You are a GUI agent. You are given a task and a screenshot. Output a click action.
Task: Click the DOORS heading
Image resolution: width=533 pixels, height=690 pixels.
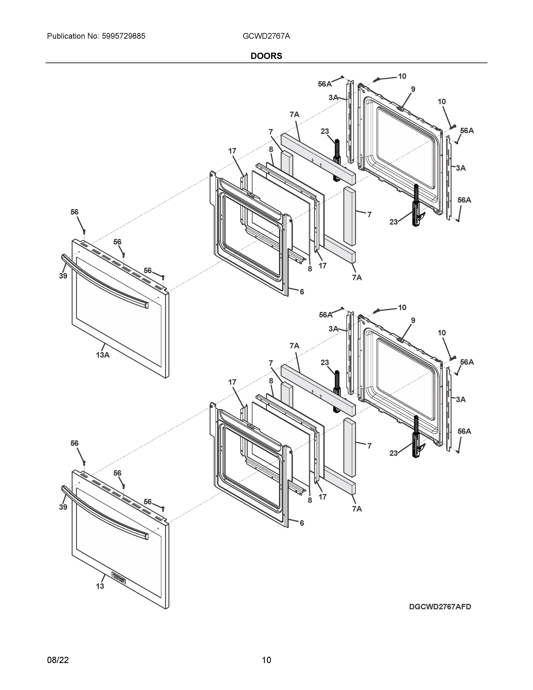pos(266,56)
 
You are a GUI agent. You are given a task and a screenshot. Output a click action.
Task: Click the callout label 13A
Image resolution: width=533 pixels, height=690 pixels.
pos(103,355)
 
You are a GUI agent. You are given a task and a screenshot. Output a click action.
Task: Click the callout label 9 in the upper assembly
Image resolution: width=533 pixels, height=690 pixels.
pos(413,89)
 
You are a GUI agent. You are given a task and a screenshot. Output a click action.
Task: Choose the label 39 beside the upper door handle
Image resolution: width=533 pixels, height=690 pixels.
pos(63,276)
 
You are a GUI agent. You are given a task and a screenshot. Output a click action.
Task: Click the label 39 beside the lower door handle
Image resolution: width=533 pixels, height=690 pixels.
pos(63,507)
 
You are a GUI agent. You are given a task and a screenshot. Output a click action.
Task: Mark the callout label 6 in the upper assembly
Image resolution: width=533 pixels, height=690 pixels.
pos(302,292)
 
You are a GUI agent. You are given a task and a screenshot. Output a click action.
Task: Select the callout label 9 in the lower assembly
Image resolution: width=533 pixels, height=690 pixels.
pos(413,321)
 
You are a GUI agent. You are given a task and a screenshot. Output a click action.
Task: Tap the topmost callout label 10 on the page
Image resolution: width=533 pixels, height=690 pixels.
pos(402,76)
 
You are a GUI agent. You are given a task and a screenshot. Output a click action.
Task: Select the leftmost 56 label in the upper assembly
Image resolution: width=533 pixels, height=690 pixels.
pos(75,212)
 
